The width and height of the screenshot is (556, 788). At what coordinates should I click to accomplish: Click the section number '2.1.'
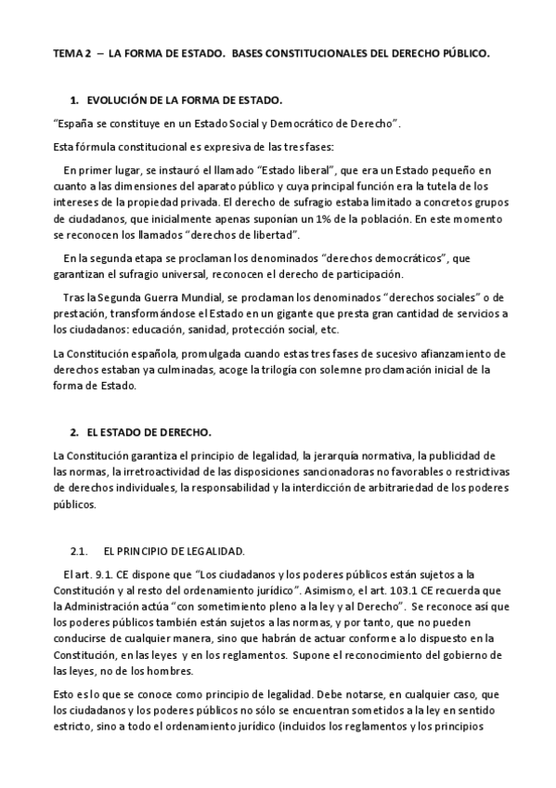(x=79, y=550)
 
